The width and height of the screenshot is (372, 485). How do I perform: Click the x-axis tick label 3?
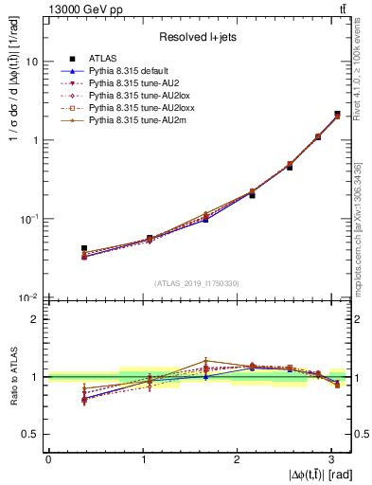(x=330, y=459)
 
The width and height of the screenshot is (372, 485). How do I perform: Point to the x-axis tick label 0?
(x=48, y=459)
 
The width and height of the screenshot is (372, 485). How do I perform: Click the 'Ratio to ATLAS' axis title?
(x=12, y=376)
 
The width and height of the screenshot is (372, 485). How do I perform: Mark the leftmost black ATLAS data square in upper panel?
(x=84, y=248)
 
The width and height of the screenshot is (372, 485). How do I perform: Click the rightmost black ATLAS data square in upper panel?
(x=337, y=115)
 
